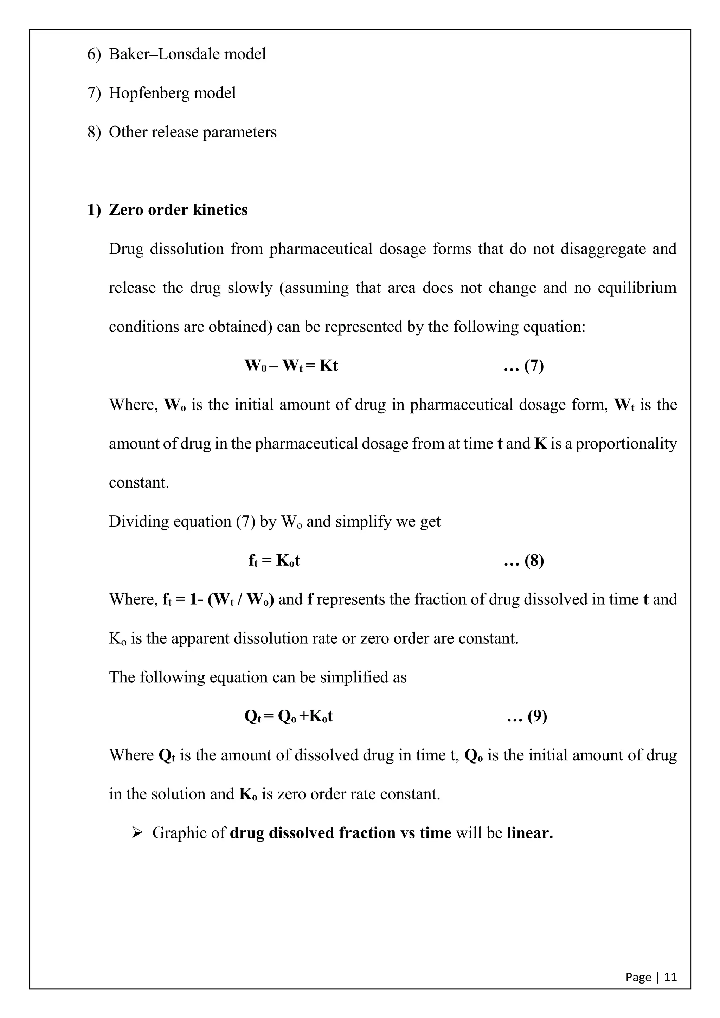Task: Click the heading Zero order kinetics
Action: [x=178, y=210]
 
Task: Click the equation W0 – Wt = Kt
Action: [x=291, y=366]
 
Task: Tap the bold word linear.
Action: [x=529, y=833]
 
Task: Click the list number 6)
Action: [x=94, y=54]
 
